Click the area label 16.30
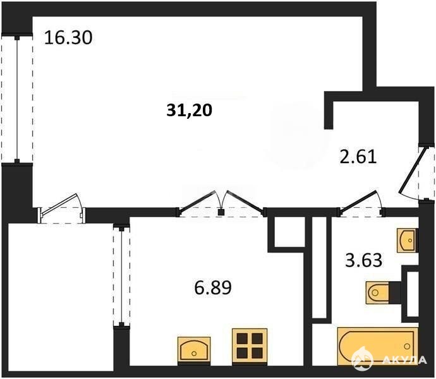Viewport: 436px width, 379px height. click(x=68, y=38)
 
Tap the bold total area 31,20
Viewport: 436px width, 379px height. click(x=190, y=110)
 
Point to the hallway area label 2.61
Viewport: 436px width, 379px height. click(x=358, y=157)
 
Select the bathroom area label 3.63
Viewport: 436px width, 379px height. click(x=363, y=260)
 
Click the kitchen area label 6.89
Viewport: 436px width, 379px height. click(x=213, y=287)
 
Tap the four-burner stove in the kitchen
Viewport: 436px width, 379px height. click(x=250, y=346)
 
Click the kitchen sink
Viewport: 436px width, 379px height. click(x=194, y=349)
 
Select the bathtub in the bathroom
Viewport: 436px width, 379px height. click(x=378, y=346)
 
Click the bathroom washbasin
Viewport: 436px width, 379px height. click(x=407, y=240)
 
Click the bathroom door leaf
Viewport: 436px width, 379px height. click(x=358, y=200)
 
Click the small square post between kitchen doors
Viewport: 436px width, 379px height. click(x=221, y=212)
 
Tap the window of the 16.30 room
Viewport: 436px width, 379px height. click(x=17, y=99)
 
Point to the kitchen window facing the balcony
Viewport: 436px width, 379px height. click(x=121, y=276)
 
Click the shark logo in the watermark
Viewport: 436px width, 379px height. click(x=362, y=359)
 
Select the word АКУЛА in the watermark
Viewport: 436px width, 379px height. click(x=404, y=360)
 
